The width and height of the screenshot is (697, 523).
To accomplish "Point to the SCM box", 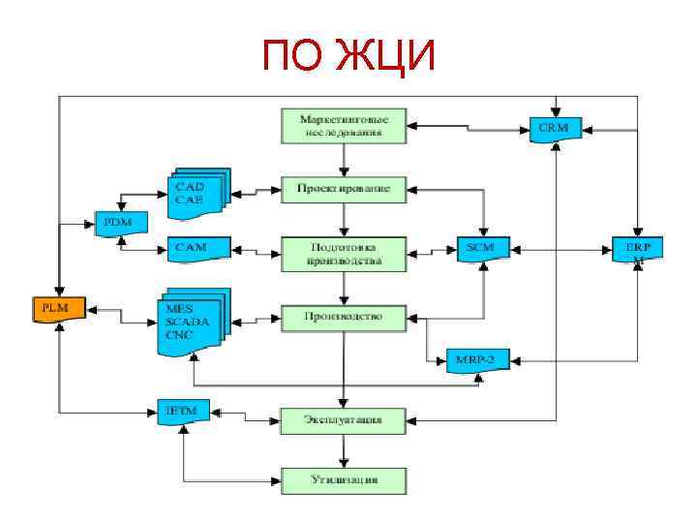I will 481,248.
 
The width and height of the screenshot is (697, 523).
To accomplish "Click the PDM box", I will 118,222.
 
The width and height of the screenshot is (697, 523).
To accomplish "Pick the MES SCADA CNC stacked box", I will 192,322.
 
